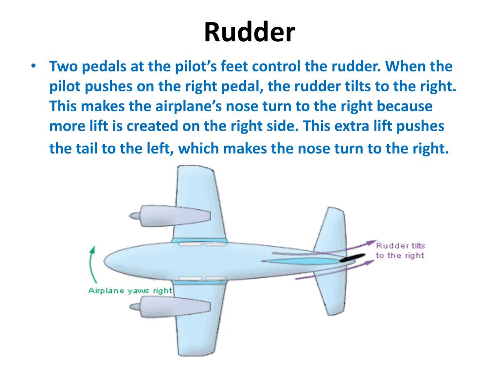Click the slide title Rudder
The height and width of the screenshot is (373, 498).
click(249, 33)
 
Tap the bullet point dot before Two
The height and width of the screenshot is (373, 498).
click(33, 67)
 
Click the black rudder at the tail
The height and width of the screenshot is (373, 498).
click(353, 258)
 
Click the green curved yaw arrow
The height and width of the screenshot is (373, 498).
click(90, 265)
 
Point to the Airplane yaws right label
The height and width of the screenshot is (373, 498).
click(130, 291)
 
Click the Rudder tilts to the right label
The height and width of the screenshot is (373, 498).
click(400, 251)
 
